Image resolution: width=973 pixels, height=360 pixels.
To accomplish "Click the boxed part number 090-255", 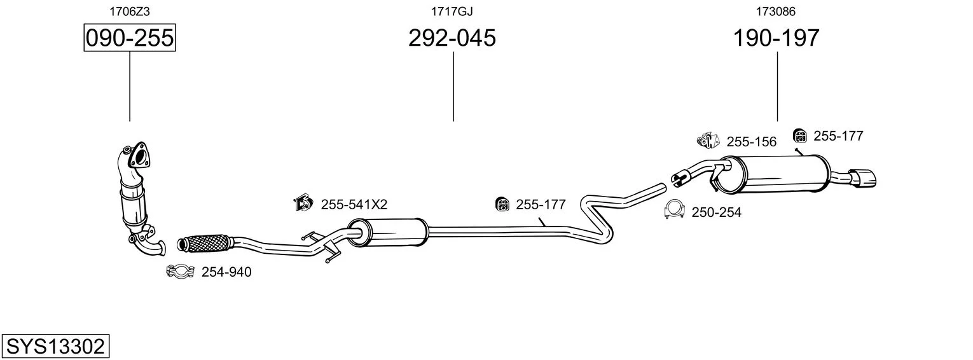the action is click(130, 38).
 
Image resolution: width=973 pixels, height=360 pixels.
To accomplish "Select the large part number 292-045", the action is click(452, 38).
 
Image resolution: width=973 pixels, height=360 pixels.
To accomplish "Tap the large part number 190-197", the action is click(776, 38).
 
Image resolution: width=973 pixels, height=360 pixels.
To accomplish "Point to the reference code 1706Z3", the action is click(130, 11).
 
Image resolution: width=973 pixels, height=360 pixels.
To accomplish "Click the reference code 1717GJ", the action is click(452, 11).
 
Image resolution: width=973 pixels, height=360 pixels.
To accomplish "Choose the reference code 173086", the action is click(776, 11).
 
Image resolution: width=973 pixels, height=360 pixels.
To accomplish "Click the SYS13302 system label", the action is click(55, 347).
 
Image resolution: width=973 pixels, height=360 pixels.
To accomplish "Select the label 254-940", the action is click(226, 272).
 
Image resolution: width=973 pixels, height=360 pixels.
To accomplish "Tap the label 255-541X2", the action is click(354, 204).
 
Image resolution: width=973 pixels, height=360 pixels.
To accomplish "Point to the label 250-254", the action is click(716, 212).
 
